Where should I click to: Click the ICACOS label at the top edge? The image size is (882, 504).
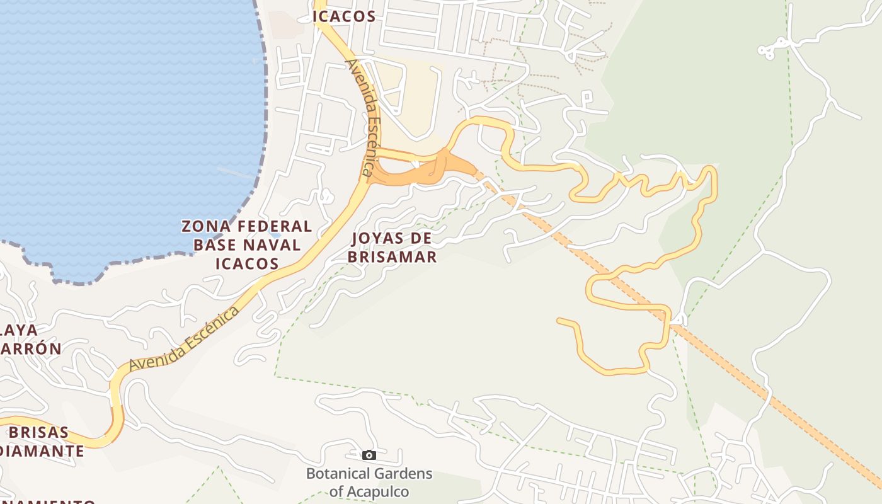click(x=345, y=17)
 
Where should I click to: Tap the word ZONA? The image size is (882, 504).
click(x=205, y=226)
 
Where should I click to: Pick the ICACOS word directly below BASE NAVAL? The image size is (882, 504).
click(x=247, y=263)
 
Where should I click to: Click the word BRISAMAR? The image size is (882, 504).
click(x=392, y=257)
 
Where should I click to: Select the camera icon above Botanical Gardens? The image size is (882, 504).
click(x=369, y=455)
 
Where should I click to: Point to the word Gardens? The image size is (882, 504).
click(x=402, y=474)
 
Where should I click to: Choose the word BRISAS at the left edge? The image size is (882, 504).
click(x=39, y=433)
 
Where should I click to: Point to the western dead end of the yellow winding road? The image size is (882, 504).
click(x=559, y=321)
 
